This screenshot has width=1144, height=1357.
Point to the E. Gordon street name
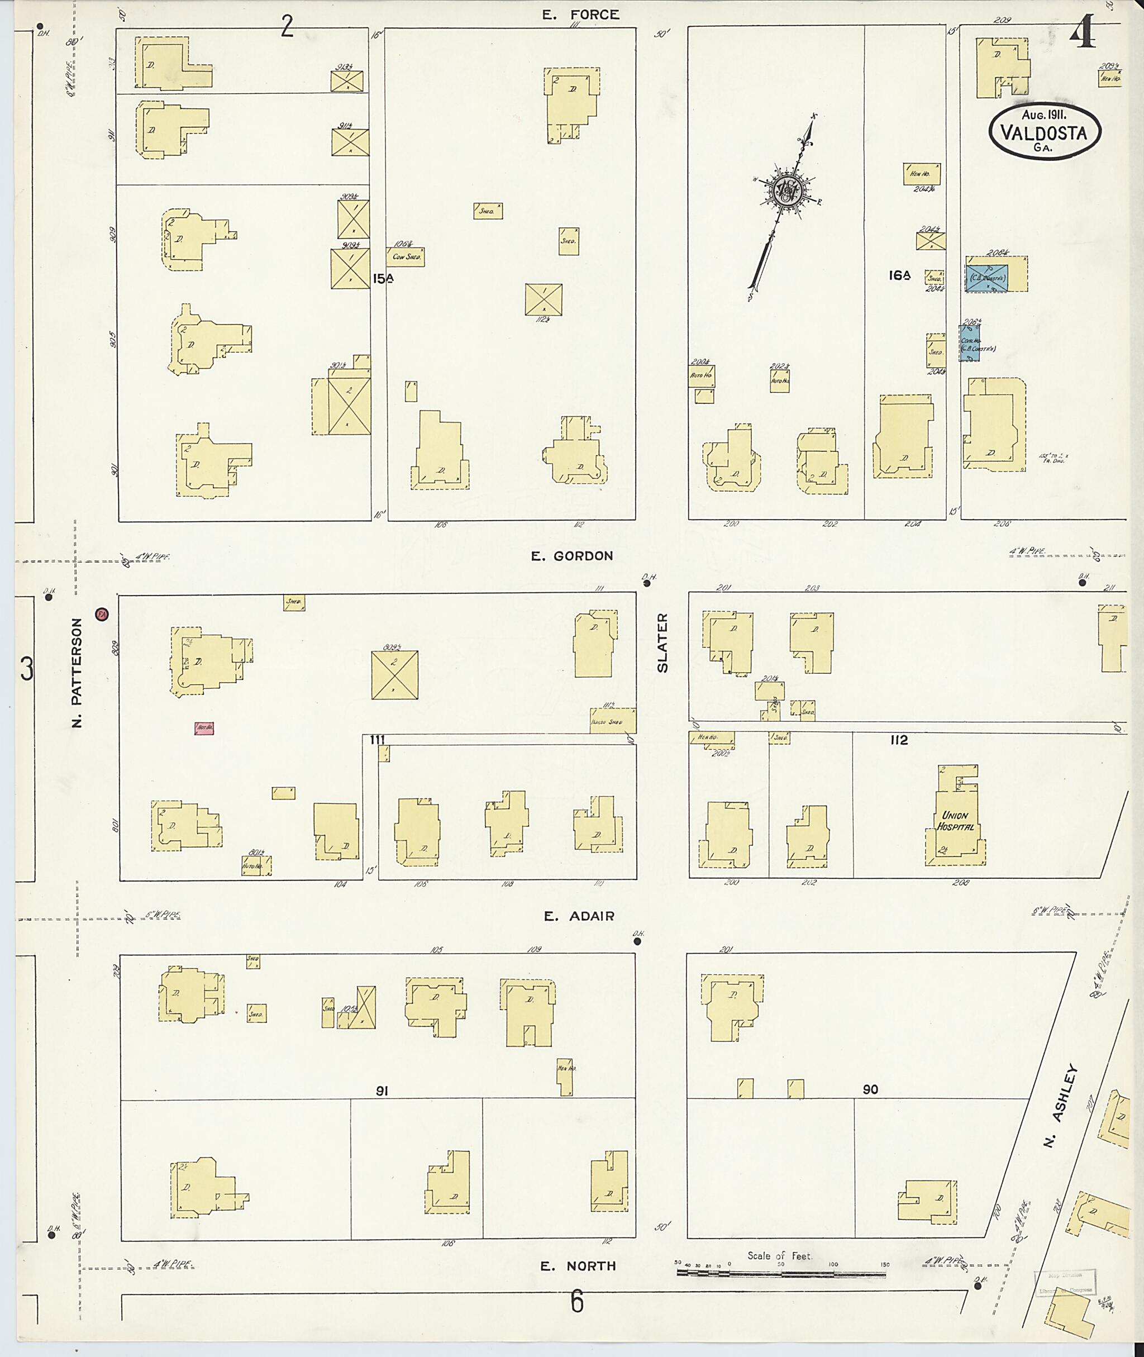[x=571, y=556]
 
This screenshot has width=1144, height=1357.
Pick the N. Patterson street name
[x=77, y=672]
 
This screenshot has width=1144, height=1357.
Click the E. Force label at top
[x=581, y=15]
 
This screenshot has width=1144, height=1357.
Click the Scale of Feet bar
[x=781, y=1273]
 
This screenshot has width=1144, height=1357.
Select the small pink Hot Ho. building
[x=204, y=728]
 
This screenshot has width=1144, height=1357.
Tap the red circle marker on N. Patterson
[x=101, y=613]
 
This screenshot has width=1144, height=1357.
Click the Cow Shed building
[x=407, y=256]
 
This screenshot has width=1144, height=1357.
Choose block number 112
[x=899, y=740]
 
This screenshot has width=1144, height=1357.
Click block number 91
[x=383, y=1091]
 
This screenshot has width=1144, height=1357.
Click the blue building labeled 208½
[x=986, y=278]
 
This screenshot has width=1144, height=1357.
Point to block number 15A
[x=383, y=278]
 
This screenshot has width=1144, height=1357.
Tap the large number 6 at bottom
[x=576, y=1301]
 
